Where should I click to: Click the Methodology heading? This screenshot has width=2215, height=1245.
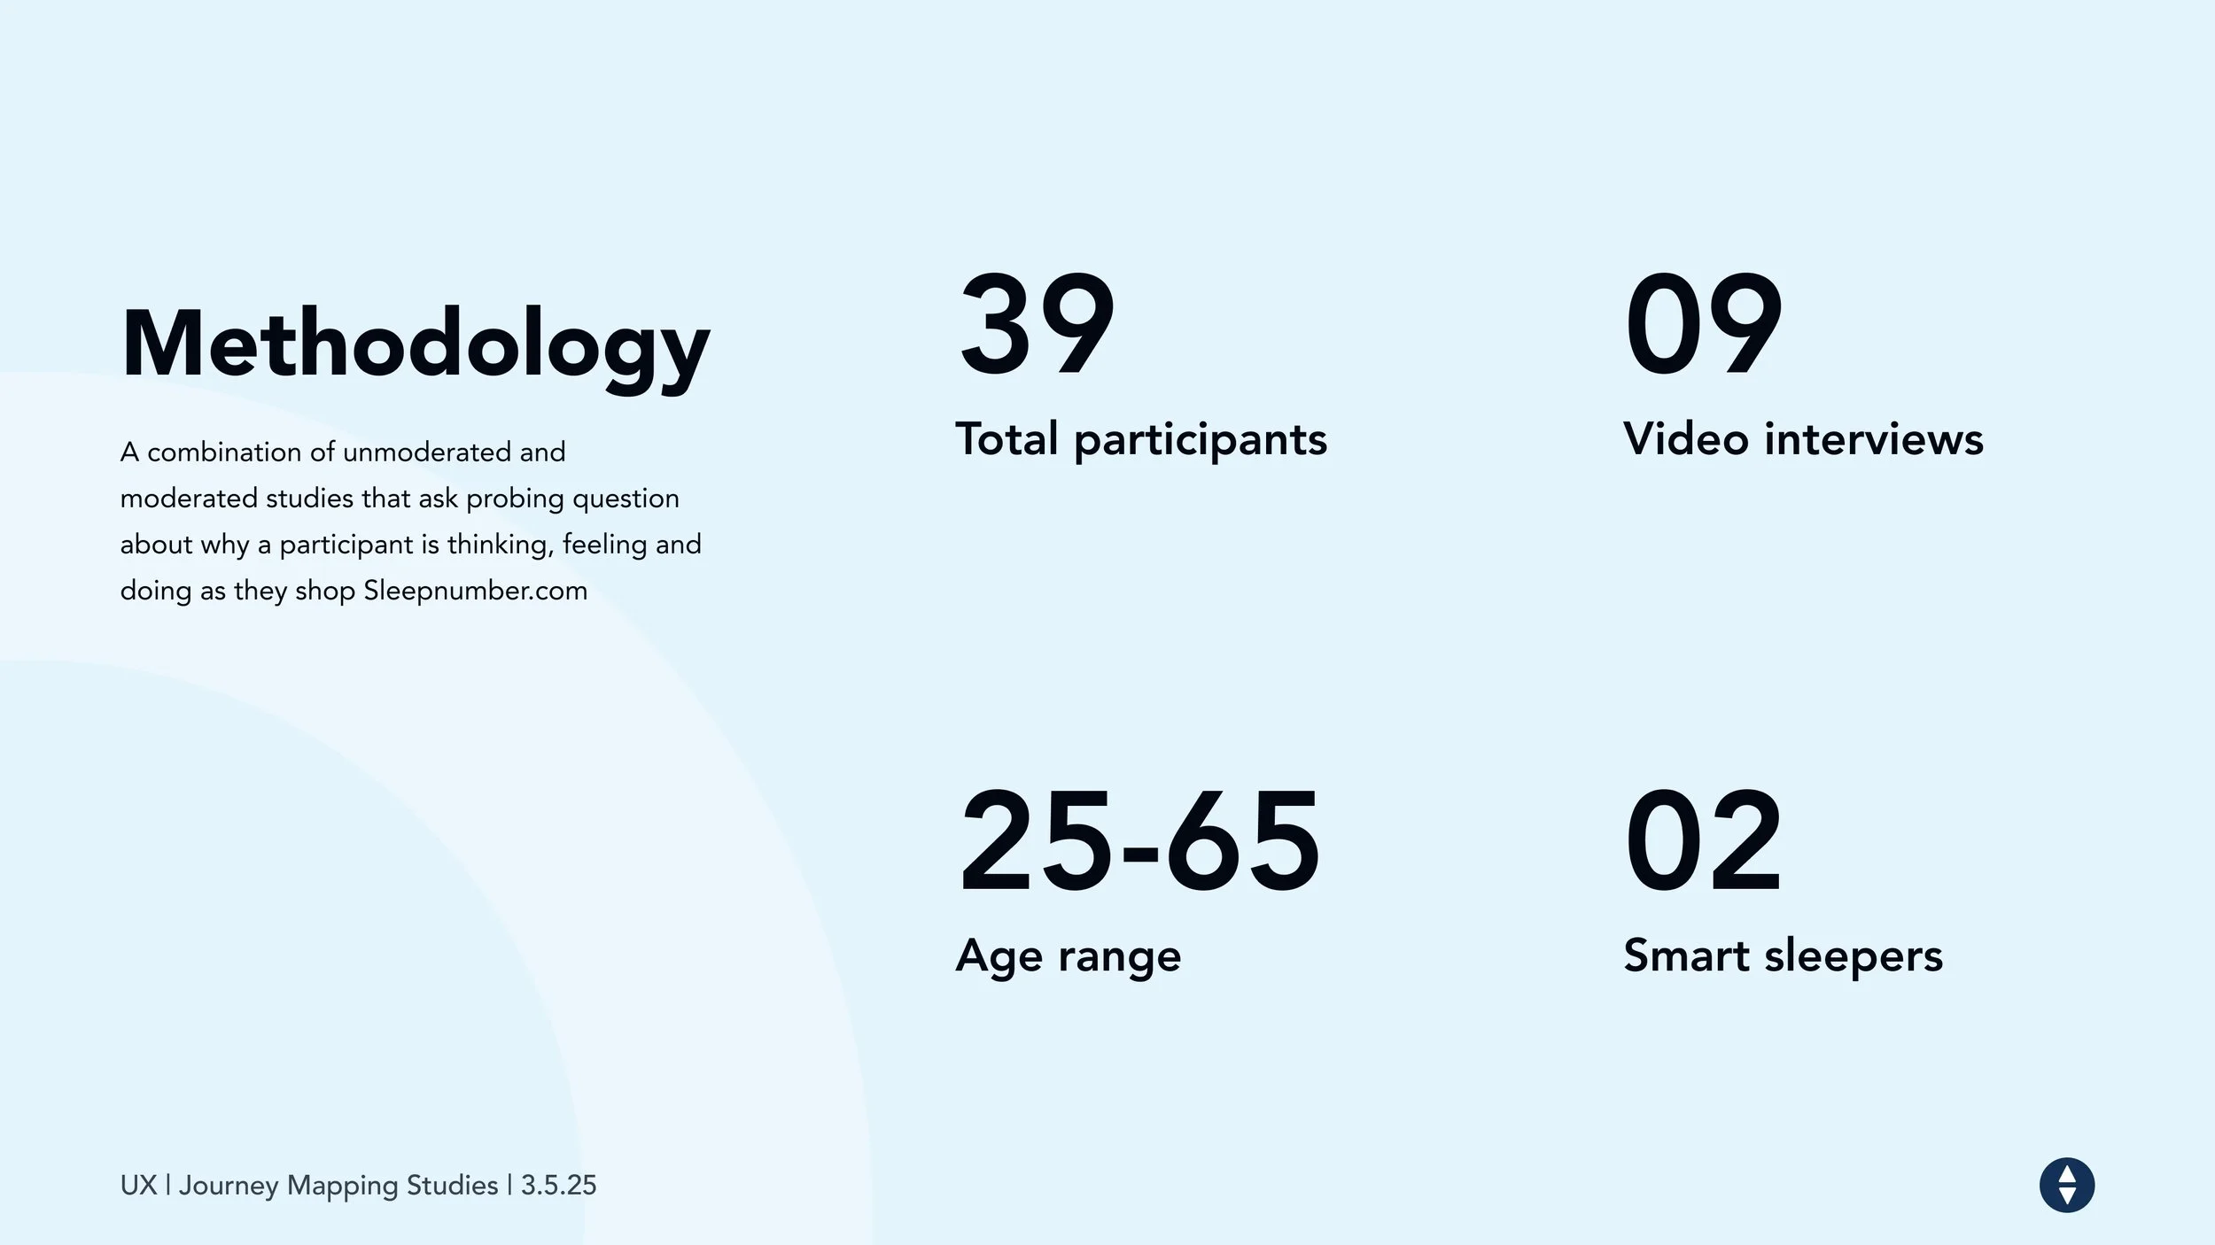point(416,346)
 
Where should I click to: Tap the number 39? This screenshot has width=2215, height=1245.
point(1037,324)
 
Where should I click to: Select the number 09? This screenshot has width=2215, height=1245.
point(1703,324)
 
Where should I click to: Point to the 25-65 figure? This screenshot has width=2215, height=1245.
point(1139,840)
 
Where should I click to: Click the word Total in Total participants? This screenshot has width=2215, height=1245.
point(1007,438)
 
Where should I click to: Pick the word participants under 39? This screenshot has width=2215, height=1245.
point(1201,441)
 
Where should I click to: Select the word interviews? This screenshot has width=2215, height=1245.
point(1874,438)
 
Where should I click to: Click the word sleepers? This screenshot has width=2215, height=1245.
point(1854,957)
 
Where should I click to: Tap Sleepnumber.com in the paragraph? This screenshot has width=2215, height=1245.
point(475,591)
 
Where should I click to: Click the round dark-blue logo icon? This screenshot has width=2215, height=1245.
point(2067,1185)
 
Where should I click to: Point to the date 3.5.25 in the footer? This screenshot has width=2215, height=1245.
point(559,1185)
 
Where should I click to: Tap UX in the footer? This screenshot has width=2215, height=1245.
point(139,1185)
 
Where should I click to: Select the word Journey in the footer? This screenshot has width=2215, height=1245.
point(229,1187)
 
